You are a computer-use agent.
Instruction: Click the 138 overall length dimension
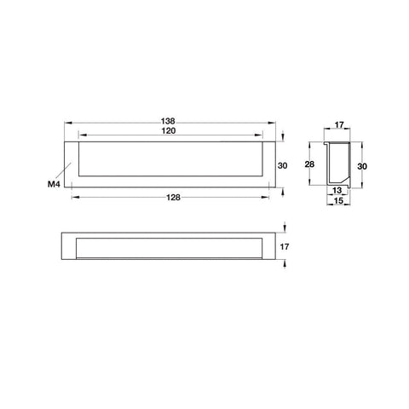click(168, 121)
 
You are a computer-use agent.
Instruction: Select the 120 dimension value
click(169, 131)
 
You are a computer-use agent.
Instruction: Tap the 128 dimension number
click(173, 198)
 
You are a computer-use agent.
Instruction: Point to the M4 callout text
click(54, 184)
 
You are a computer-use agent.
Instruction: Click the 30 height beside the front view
click(282, 165)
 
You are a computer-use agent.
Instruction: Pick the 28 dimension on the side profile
click(309, 164)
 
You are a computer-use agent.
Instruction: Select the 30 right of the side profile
click(362, 166)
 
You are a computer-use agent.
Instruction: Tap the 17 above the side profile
click(339, 124)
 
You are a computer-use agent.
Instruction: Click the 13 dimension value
click(337, 191)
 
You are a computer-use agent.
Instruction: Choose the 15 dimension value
click(338, 201)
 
